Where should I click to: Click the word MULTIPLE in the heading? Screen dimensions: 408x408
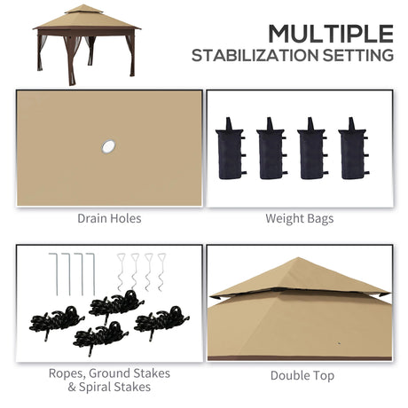click(x=330, y=33)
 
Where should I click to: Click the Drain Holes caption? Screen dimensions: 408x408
click(x=109, y=217)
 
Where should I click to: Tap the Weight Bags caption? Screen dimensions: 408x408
click(x=299, y=217)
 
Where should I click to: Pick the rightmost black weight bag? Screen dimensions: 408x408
click(x=352, y=148)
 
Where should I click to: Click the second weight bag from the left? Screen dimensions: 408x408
click(x=271, y=148)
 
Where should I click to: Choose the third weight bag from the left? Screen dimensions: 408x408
click(x=311, y=148)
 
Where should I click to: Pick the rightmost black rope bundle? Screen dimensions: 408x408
click(x=159, y=318)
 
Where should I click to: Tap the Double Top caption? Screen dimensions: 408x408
click(x=302, y=375)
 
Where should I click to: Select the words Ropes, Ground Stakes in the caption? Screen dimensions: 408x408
click(x=111, y=373)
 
